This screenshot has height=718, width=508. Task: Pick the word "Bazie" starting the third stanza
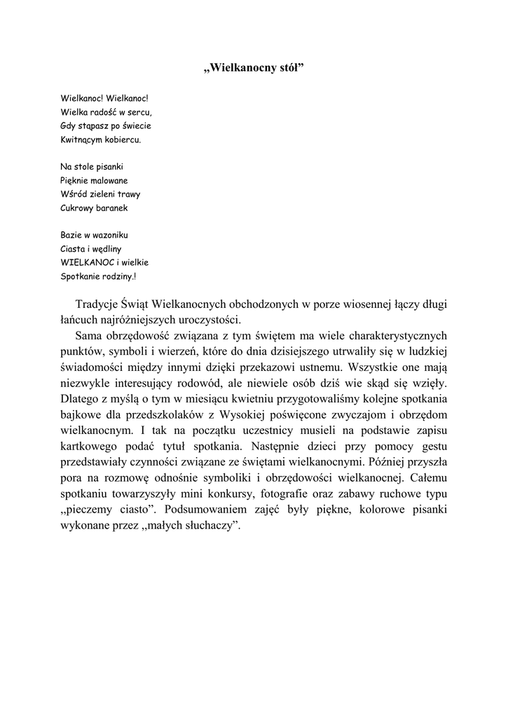[x=71, y=235]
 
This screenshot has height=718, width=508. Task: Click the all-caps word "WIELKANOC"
[x=88, y=262]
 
